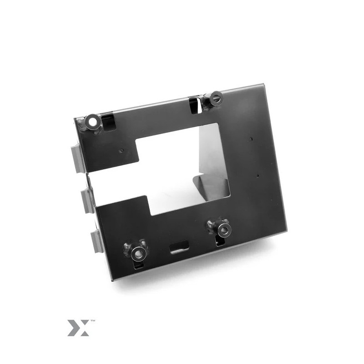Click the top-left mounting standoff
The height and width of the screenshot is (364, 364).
(92, 121)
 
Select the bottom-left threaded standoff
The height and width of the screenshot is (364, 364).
(137, 253)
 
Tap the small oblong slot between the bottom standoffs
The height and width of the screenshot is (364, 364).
(179, 247)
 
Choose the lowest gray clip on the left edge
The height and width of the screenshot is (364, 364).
(97, 242)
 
